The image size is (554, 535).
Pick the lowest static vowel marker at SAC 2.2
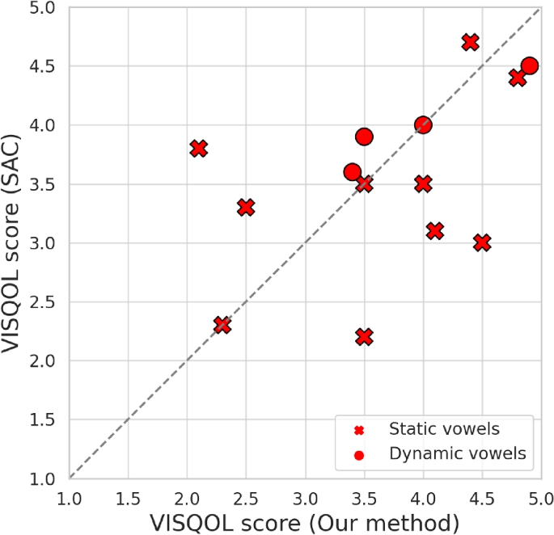click(x=364, y=336)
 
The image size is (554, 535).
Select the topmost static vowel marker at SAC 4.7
click(x=471, y=42)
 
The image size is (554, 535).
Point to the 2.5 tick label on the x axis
click(x=246, y=494)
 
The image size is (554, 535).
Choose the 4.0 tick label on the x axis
click(x=423, y=494)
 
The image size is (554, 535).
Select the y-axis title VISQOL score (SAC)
click(x=15, y=242)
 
